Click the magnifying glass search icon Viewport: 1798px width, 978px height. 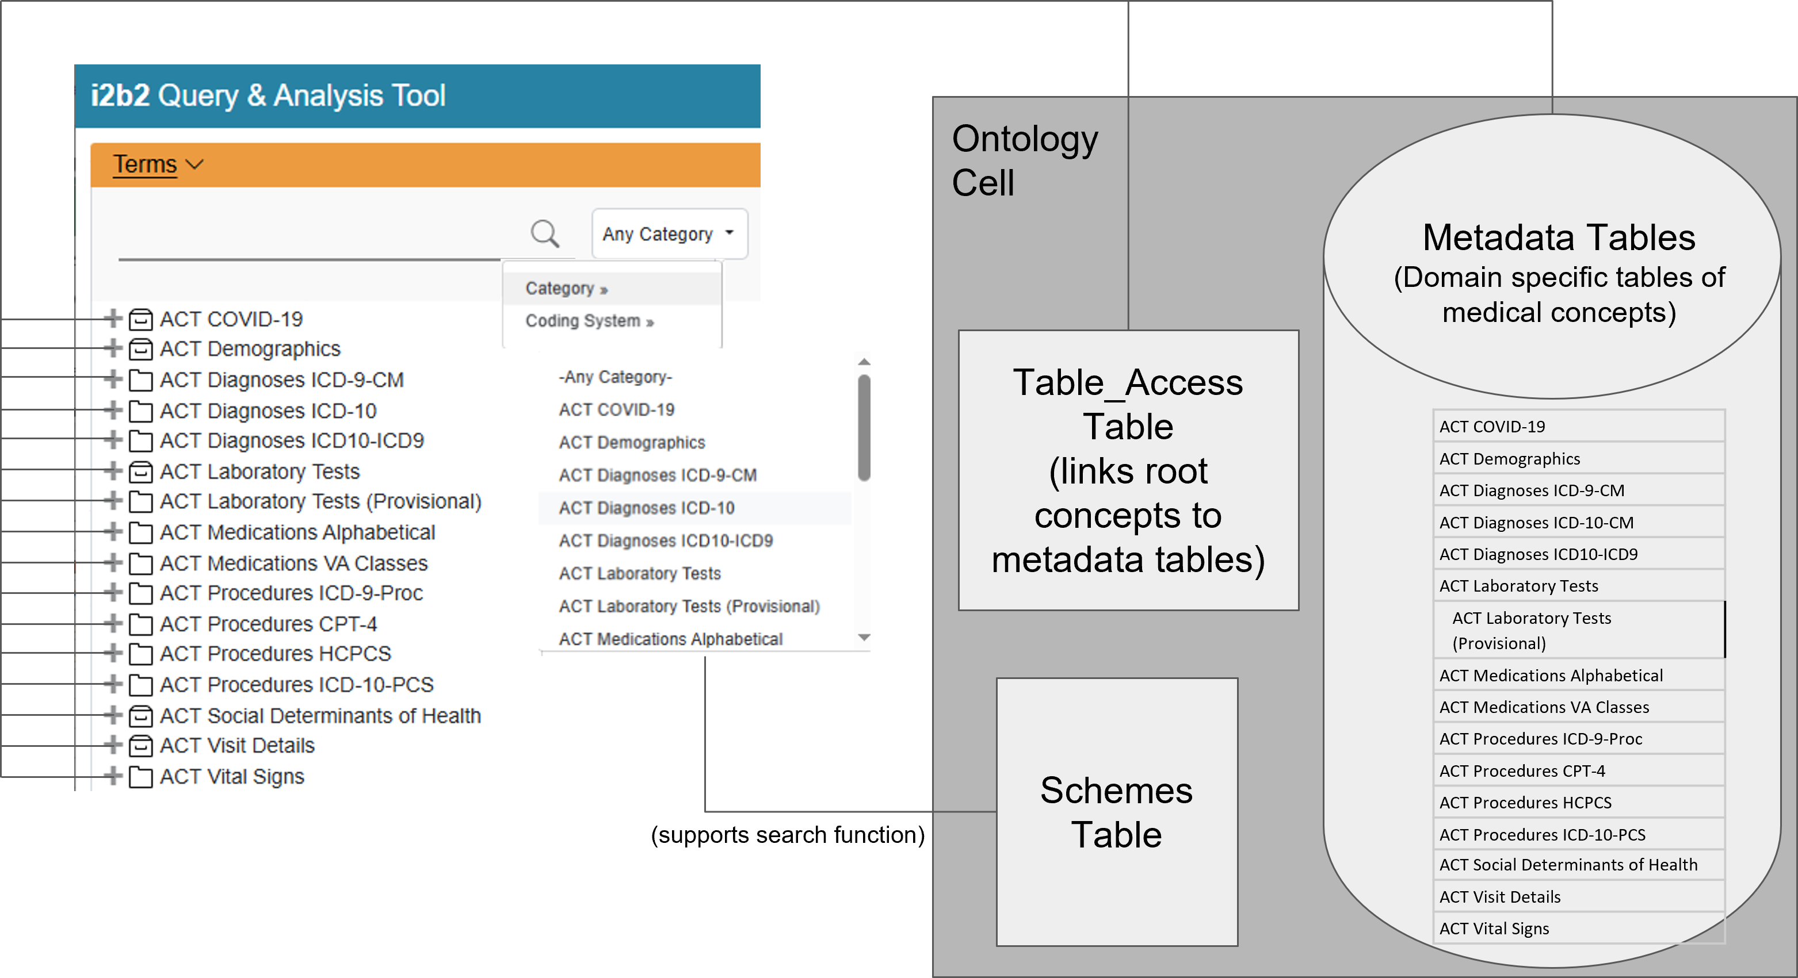pos(544,233)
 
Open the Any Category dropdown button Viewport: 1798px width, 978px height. pos(669,233)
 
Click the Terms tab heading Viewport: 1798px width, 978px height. pos(145,164)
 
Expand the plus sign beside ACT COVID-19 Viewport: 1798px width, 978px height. pos(112,319)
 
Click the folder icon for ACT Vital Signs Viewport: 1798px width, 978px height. pos(141,776)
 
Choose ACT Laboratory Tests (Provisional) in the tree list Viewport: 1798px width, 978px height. pos(320,501)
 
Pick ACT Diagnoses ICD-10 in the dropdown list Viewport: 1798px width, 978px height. pos(646,508)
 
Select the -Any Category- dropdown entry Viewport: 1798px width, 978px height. pos(615,377)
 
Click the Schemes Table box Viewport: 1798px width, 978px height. pos(1116,812)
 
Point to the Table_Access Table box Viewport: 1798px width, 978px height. pos(1128,471)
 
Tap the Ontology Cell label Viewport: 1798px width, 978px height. pos(1024,160)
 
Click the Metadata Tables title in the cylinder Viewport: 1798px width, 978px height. pos(1559,238)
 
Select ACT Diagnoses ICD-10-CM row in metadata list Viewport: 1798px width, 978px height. pos(1536,523)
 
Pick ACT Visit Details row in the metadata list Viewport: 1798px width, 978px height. pos(1499,897)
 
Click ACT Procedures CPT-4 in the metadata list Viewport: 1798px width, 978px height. pos(1522,771)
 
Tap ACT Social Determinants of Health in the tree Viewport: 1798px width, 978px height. pos(320,716)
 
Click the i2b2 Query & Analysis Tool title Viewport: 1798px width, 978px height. pos(268,95)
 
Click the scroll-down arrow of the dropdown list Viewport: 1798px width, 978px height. pos(864,638)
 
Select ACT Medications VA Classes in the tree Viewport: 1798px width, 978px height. pos(293,563)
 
